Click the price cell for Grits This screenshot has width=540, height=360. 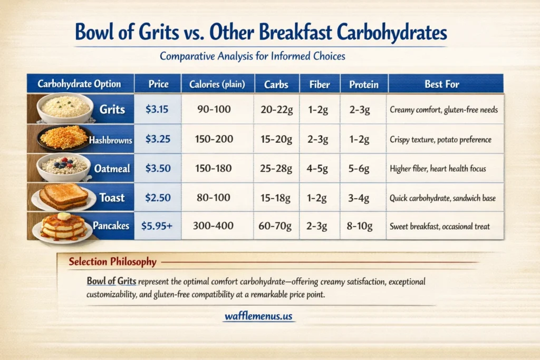(x=157, y=110)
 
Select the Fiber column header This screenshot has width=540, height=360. (x=320, y=84)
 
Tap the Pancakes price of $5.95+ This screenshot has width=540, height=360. (x=158, y=226)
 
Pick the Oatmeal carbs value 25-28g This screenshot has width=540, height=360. (x=276, y=169)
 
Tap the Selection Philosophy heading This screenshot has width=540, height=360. (x=112, y=262)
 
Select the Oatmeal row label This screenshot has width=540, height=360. (x=112, y=169)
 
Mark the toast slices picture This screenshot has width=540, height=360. (x=63, y=197)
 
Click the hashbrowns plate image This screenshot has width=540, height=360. (x=64, y=138)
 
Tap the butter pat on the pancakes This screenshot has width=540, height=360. (x=64, y=216)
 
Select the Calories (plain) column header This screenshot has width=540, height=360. (x=216, y=84)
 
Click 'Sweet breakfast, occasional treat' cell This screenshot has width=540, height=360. (x=439, y=227)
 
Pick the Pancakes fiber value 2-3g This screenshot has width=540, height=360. (x=317, y=226)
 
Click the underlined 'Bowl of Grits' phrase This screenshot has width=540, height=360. (x=112, y=281)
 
